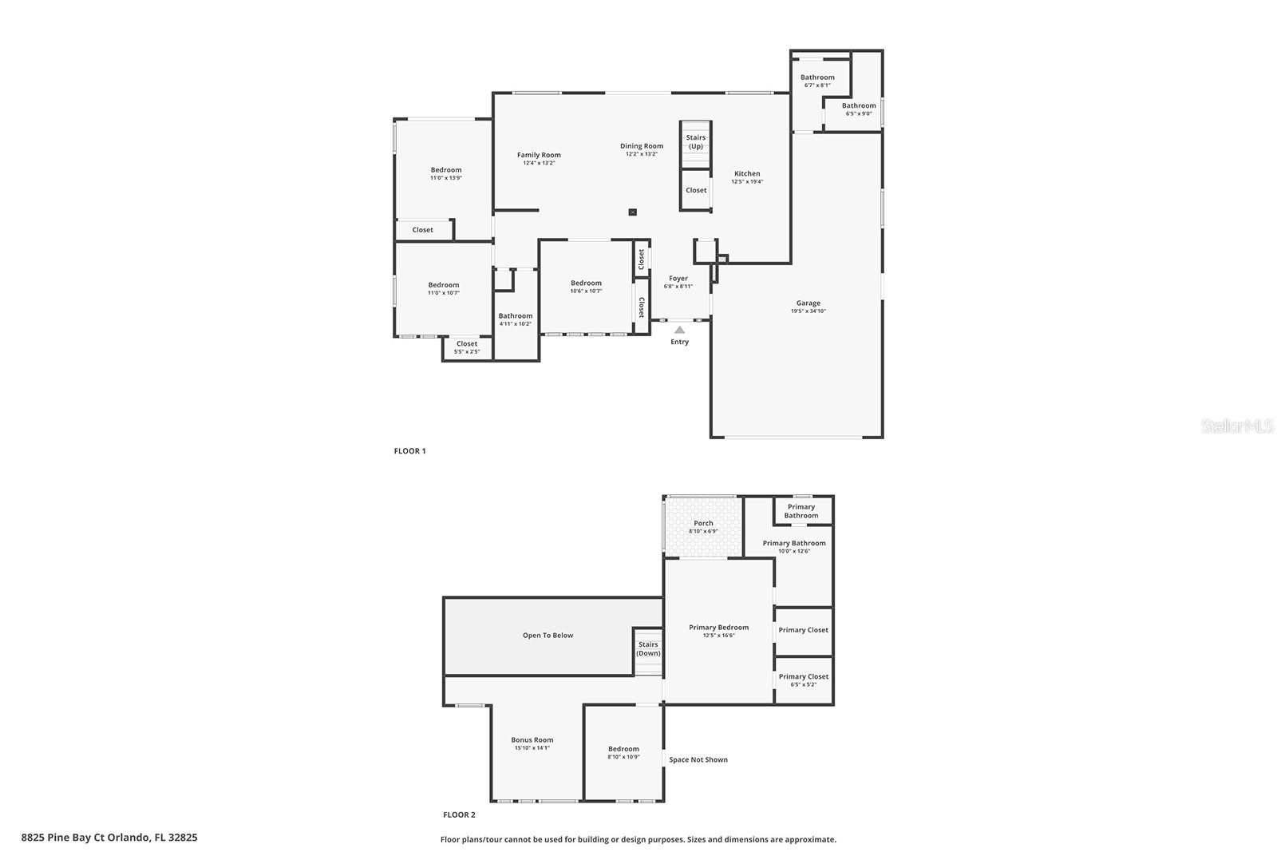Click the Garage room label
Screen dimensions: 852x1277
[808, 303]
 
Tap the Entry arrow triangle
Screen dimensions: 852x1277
[679, 329]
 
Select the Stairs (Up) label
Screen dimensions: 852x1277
[696, 142]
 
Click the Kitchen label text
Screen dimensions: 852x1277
[747, 174]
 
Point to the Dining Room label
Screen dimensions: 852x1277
[642, 146]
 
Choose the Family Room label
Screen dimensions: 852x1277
[539, 156]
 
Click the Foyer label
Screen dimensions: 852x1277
[678, 279]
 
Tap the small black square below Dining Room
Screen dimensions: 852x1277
[633, 212]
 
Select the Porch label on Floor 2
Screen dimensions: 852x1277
[703, 524]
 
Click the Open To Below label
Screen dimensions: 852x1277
[548, 636]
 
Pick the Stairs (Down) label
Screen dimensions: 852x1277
[648, 649]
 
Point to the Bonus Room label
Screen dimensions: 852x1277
[532, 740]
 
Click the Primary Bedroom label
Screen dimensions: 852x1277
[718, 628]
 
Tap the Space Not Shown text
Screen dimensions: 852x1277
[698, 760]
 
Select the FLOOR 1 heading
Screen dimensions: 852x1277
[409, 451]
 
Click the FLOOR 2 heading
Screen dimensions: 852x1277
[459, 815]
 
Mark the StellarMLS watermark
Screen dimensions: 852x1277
[1237, 426]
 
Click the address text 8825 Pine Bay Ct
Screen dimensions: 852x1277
[109, 838]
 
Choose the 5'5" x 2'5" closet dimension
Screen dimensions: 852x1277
[467, 352]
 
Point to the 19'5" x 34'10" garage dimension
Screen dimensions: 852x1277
[808, 311]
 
